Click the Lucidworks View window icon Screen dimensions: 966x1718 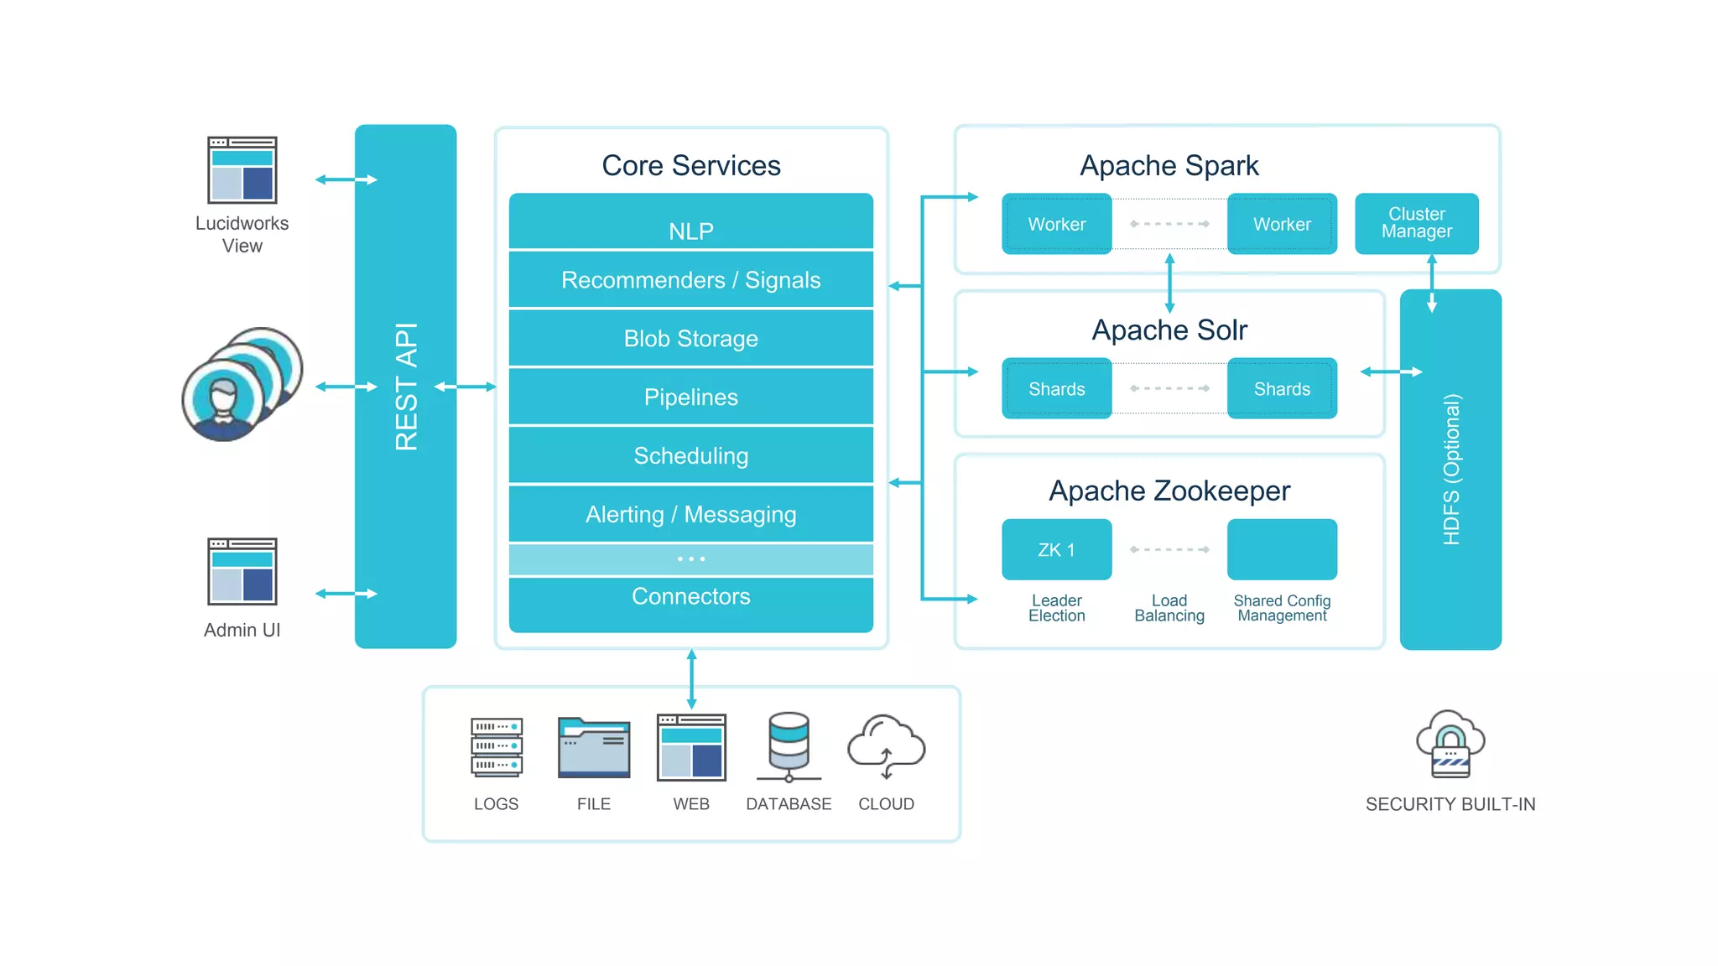click(x=242, y=170)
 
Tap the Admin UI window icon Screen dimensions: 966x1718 click(x=242, y=571)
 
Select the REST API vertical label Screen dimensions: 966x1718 click(x=406, y=387)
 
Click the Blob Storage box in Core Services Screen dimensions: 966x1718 click(x=690, y=339)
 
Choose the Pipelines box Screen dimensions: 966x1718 click(x=690, y=397)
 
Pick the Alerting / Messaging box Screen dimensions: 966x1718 click(x=690, y=514)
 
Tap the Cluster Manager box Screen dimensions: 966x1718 click(x=1416, y=223)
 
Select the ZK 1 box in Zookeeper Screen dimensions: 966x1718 click(x=1056, y=549)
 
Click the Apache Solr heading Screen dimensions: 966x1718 click(x=1169, y=330)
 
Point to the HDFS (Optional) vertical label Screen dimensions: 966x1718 click(x=1451, y=470)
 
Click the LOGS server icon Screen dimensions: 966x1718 click(x=497, y=746)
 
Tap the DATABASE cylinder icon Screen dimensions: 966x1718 click(x=789, y=746)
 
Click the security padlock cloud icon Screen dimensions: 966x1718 click(x=1450, y=745)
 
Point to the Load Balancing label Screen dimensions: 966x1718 click(x=1169, y=608)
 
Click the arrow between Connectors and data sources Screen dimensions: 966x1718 click(x=691, y=678)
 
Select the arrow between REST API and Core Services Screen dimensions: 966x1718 click(x=466, y=387)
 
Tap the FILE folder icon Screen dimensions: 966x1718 click(x=594, y=748)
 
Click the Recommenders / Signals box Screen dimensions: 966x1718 click(x=690, y=280)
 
